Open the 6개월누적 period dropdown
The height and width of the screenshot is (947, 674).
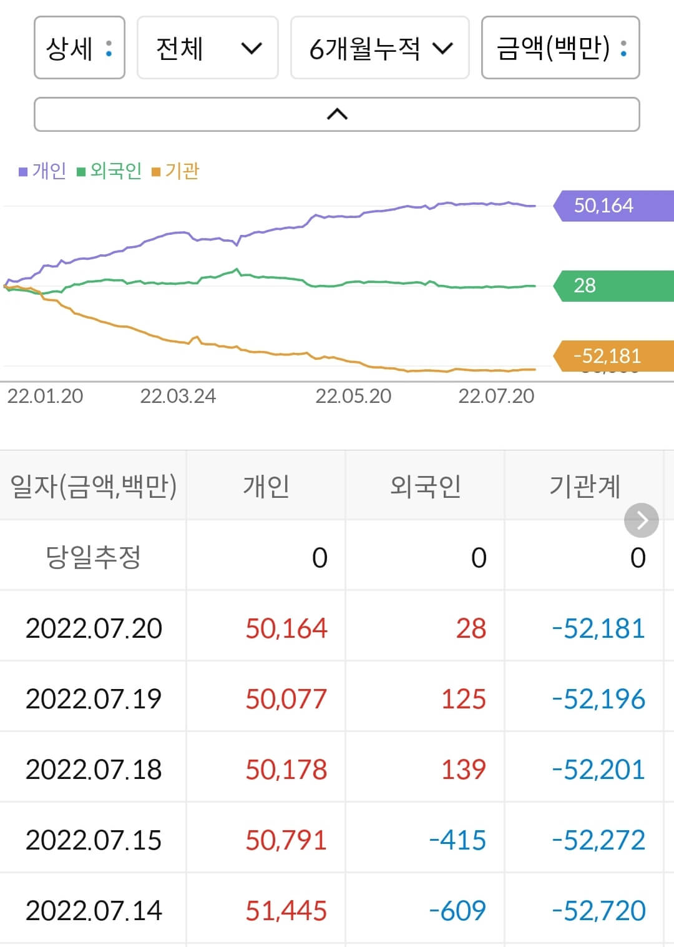[379, 48]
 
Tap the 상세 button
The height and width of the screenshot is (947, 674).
[79, 48]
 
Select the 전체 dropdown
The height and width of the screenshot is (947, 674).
[207, 48]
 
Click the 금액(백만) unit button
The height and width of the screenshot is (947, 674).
[560, 48]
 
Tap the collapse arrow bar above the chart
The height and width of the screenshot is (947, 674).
[336, 114]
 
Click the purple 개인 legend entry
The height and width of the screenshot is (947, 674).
[42, 171]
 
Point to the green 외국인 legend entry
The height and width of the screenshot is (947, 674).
[109, 171]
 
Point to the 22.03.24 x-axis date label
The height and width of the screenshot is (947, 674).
[178, 396]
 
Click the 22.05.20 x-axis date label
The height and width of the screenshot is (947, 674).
[353, 396]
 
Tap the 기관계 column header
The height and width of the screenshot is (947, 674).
[584, 486]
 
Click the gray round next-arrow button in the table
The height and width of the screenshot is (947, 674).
[641, 520]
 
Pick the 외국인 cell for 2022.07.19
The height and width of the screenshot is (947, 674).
[463, 699]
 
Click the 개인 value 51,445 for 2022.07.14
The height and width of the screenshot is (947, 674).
[286, 911]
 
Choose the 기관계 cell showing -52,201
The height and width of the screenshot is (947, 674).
[598, 770]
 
